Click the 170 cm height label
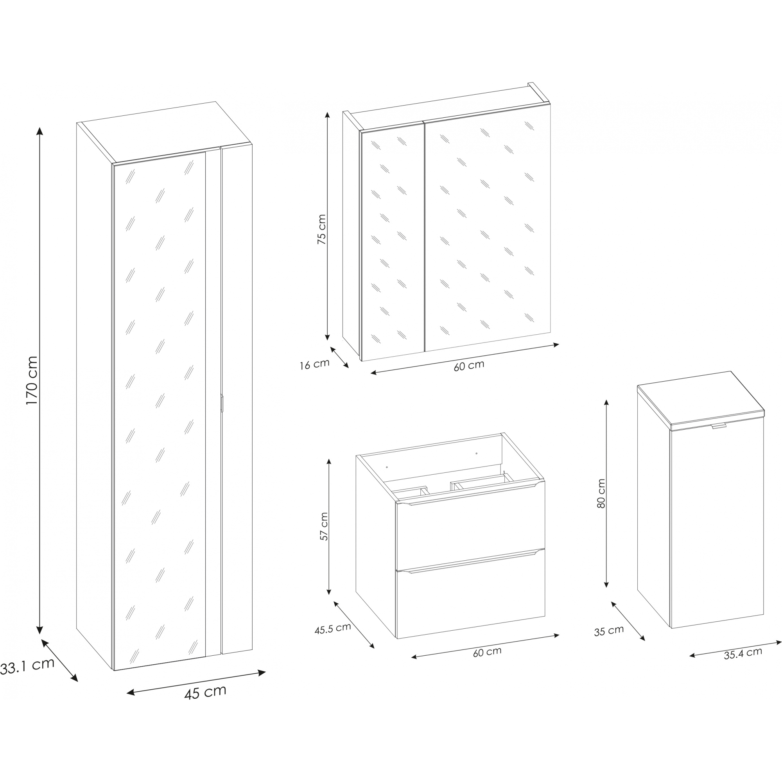coord(32,380)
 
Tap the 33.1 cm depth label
coord(27,666)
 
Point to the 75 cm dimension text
coord(321,229)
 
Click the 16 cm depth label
coord(314,364)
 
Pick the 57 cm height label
coord(324,526)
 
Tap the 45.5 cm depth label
coord(333,629)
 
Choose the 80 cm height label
coord(601,493)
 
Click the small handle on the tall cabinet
coord(221,403)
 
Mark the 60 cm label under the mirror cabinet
coord(469,366)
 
